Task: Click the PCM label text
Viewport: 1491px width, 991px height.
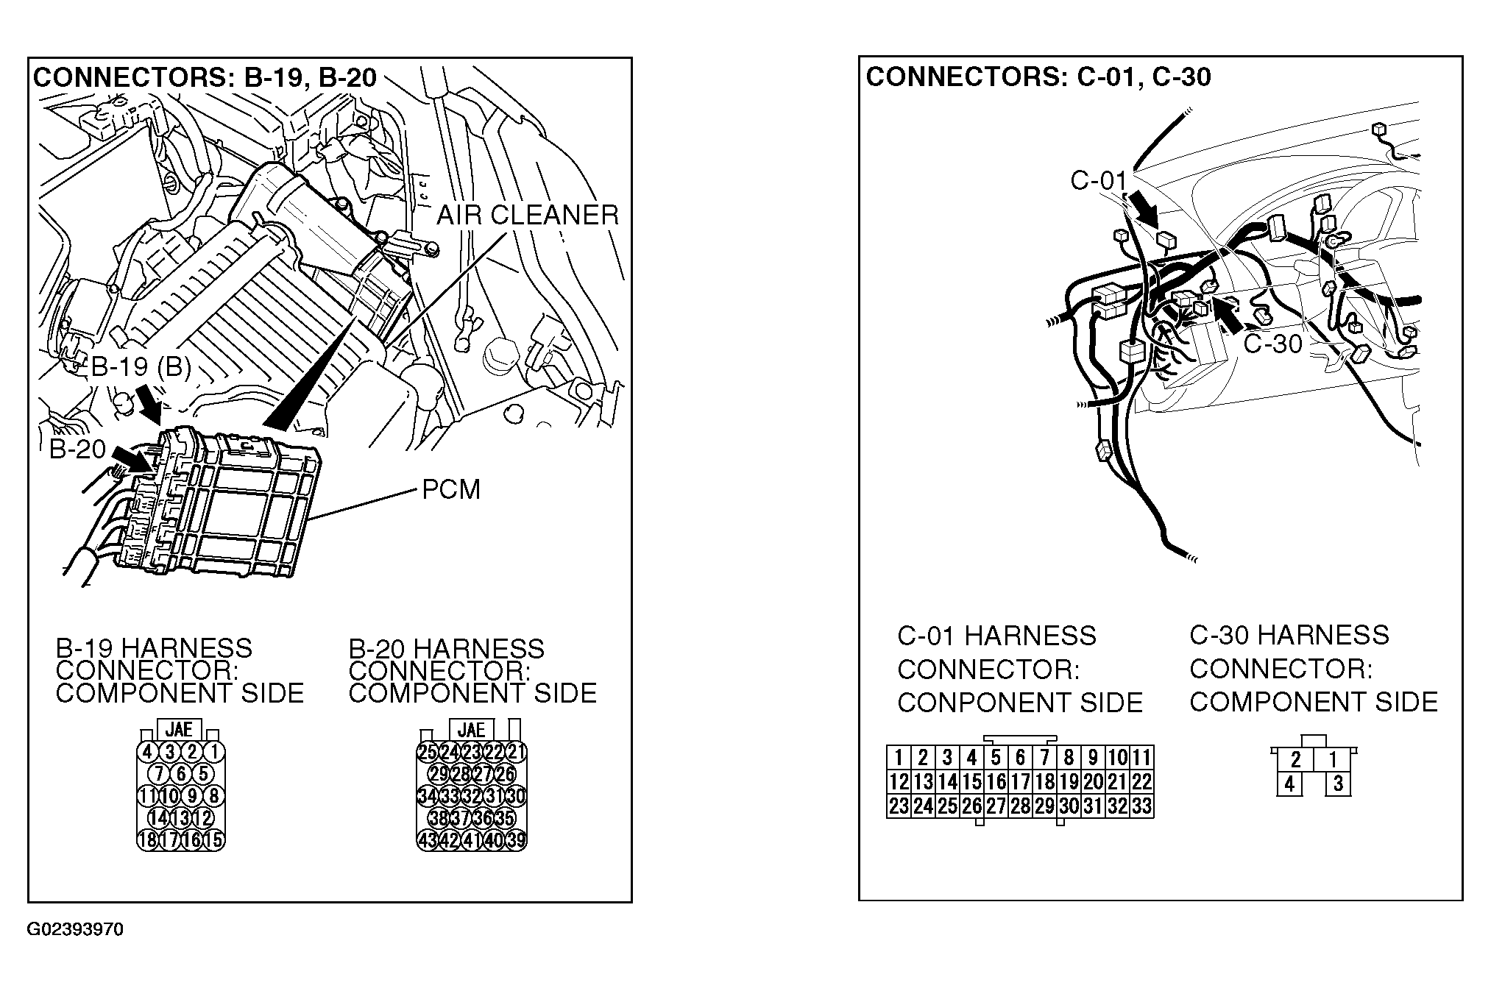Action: (x=450, y=489)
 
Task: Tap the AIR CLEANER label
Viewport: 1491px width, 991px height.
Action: (x=528, y=215)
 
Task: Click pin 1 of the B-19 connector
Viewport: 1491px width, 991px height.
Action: (x=213, y=752)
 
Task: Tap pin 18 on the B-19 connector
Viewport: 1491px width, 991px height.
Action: (x=147, y=840)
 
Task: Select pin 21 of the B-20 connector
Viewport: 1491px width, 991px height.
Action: (x=517, y=752)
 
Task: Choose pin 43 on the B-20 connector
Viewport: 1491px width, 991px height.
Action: (x=427, y=840)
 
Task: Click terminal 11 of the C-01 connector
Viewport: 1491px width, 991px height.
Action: (x=1141, y=757)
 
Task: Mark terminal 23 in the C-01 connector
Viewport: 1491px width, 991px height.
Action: (x=899, y=806)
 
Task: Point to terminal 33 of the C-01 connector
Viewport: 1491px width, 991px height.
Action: (x=1141, y=806)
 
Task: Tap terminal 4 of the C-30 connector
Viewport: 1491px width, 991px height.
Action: (x=1289, y=784)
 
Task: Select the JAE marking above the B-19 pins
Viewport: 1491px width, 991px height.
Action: (x=179, y=729)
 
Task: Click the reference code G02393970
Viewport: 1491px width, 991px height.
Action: (x=76, y=929)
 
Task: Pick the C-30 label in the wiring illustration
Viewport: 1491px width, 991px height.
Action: (x=1272, y=344)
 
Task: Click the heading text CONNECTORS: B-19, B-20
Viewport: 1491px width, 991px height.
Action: (x=205, y=77)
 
